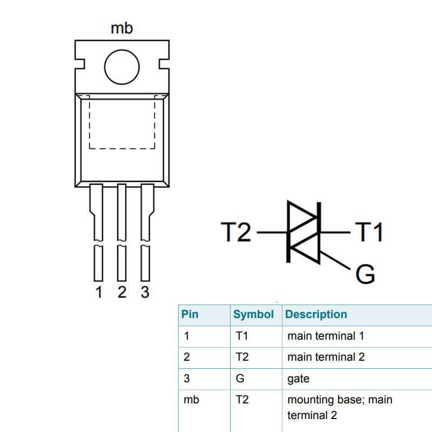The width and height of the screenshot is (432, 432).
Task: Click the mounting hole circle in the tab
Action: coord(122,68)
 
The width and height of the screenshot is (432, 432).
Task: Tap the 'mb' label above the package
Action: coord(122,28)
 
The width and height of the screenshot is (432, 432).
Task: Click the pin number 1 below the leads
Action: coord(98,292)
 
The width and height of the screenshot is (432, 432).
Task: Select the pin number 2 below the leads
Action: coord(122,292)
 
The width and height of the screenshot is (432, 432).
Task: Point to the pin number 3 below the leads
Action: coord(145,292)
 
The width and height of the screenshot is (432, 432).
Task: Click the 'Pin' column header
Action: coord(190,314)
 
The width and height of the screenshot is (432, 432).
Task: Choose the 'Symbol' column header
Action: coord(253,314)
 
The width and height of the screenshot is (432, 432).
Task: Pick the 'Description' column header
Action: coord(316,314)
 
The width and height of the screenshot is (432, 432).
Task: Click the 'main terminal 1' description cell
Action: coord(326,336)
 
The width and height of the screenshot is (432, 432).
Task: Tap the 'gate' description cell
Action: coord(298,379)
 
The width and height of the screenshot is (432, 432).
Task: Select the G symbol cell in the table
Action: coord(240,379)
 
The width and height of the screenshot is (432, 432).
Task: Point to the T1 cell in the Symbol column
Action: coord(241,336)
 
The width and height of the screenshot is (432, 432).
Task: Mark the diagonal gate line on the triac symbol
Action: coord(336,261)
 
